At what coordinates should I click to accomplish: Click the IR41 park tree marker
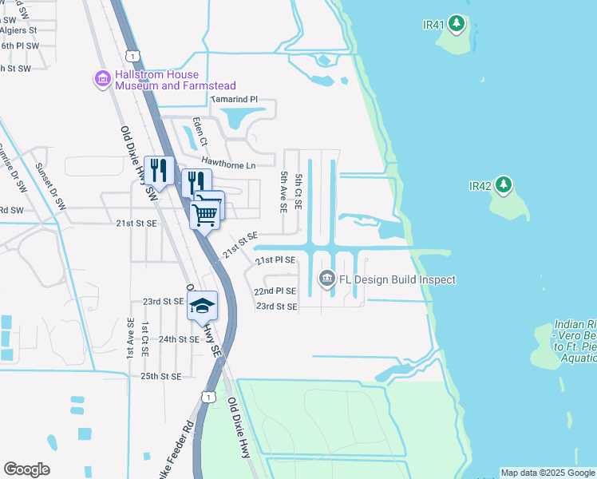pyautogui.click(x=457, y=24)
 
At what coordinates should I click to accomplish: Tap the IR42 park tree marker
pyautogui.click(x=503, y=185)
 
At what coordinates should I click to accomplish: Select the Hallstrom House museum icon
pyautogui.click(x=102, y=79)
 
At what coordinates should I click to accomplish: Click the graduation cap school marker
pyautogui.click(x=203, y=306)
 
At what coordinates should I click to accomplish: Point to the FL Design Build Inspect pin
pyautogui.click(x=326, y=279)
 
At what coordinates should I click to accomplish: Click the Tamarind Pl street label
pyautogui.click(x=234, y=99)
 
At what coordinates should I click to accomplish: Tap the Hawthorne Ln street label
pyautogui.click(x=228, y=163)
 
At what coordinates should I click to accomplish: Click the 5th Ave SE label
pyautogui.click(x=283, y=191)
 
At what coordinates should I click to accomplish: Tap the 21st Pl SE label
pyautogui.click(x=275, y=260)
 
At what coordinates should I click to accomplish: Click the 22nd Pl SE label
pyautogui.click(x=275, y=291)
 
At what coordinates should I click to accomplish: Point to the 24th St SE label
pyautogui.click(x=178, y=339)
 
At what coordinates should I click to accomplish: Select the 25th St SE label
pyautogui.click(x=160, y=376)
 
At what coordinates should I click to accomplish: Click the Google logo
pyautogui.click(x=26, y=469)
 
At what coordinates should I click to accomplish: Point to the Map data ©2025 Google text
pyautogui.click(x=548, y=473)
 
